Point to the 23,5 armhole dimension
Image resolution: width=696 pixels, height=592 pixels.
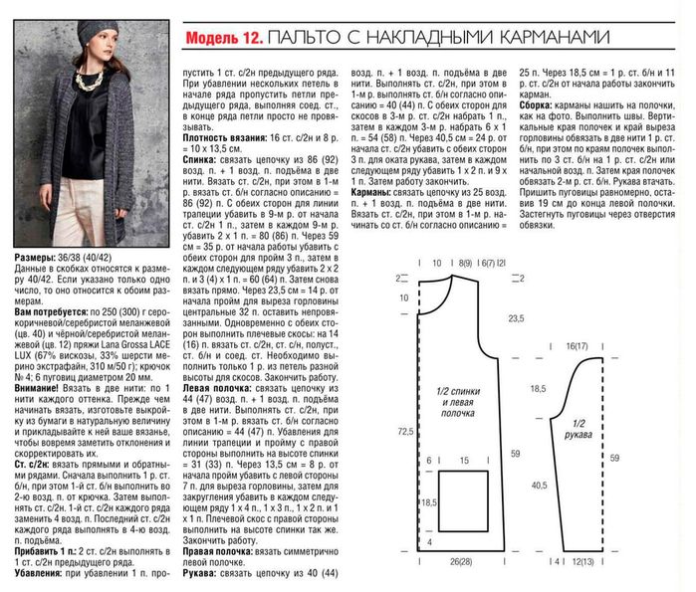point(515,318)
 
